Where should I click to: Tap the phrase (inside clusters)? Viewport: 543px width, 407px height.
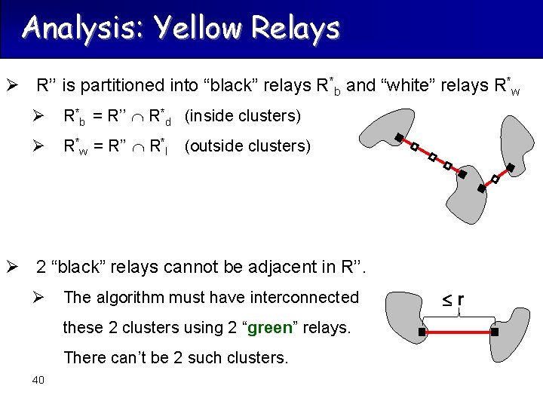click(x=242, y=116)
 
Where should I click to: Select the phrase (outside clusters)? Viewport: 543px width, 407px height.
click(x=247, y=145)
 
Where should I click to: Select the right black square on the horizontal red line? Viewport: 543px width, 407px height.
click(x=495, y=332)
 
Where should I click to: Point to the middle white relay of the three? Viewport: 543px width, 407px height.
click(x=432, y=158)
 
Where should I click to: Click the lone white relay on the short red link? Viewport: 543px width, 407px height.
click(x=495, y=179)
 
